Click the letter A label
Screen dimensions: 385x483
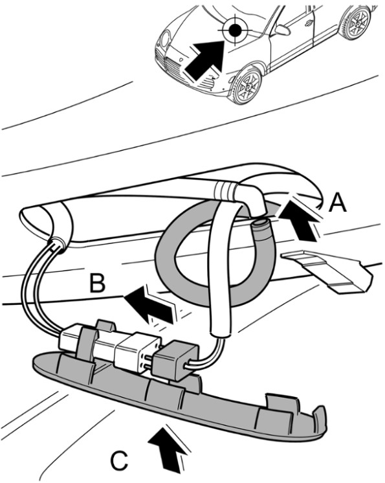pyautogui.click(x=337, y=203)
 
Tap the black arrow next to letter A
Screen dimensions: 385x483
pyautogui.click(x=298, y=221)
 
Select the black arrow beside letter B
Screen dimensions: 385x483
pyautogui.click(x=150, y=304)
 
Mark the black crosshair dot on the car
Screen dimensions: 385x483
pyautogui.click(x=235, y=29)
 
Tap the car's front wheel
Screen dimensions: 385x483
pyautogui.click(x=247, y=85)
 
